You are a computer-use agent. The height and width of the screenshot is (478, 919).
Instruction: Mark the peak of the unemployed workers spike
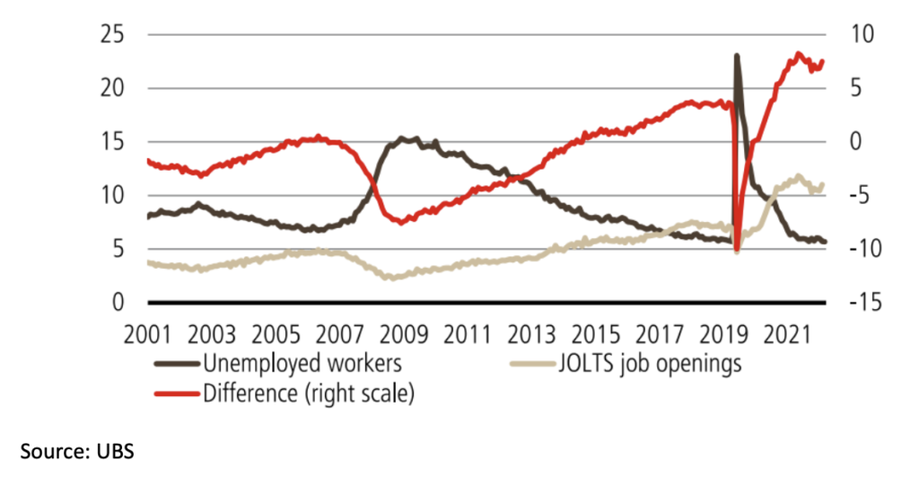coord(737,56)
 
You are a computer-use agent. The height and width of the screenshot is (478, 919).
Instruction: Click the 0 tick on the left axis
coord(118,303)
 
